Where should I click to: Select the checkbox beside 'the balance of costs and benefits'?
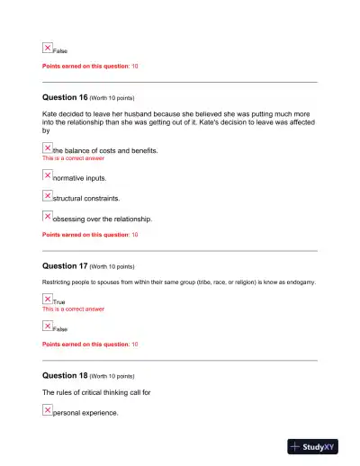pyautogui.click(x=48, y=148)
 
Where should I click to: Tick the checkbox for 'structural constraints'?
pyautogui.click(x=48, y=195)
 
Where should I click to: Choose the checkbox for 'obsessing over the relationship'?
pyautogui.click(x=48, y=216)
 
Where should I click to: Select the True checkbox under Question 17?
pyautogui.click(x=48, y=299)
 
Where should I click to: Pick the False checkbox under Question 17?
pyautogui.click(x=48, y=326)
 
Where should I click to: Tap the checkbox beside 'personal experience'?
pyautogui.click(x=48, y=409)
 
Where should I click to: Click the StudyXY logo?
pyautogui.click(x=318, y=446)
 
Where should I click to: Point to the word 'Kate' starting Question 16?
pyautogui.click(x=51, y=115)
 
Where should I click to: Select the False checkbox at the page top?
pyautogui.click(x=48, y=48)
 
